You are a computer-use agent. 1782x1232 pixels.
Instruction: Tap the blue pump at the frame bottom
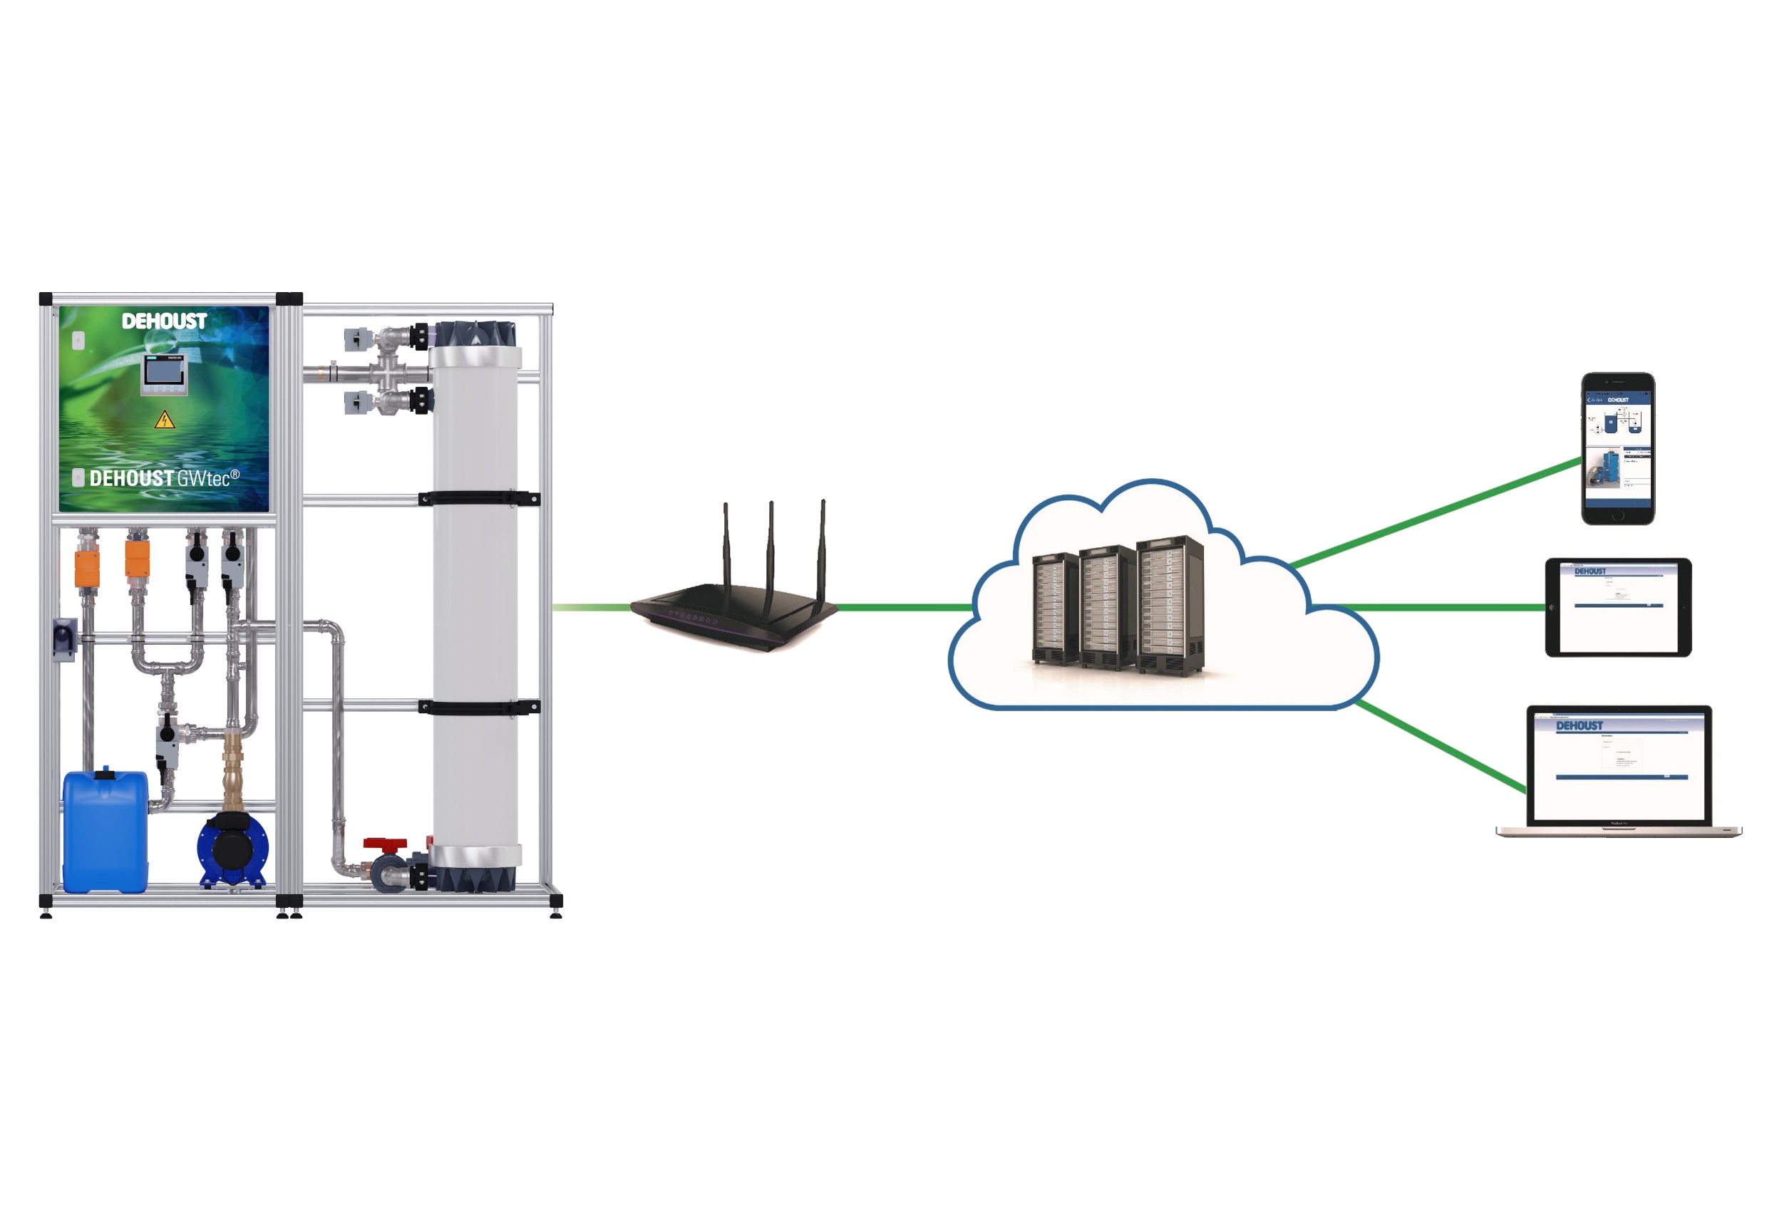tap(232, 850)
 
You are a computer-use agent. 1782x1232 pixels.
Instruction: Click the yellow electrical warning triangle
tap(165, 420)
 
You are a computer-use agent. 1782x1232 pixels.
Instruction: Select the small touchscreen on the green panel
tap(164, 373)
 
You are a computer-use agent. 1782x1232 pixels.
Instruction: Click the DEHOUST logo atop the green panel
tap(164, 321)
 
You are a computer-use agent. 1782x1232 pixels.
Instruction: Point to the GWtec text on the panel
tap(205, 479)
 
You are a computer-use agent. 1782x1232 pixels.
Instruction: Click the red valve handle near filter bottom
tap(384, 844)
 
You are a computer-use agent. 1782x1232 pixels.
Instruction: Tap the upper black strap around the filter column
tap(479, 499)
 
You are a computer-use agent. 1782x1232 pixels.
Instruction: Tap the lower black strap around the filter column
tap(479, 707)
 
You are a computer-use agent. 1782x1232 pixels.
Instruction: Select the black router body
tap(733, 614)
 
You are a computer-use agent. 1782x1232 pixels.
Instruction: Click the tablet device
tap(1618, 608)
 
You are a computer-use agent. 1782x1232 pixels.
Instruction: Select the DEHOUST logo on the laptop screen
tap(1579, 725)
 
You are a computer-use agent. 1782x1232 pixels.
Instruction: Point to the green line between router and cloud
tap(903, 608)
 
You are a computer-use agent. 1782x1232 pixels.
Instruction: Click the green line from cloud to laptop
tap(1440, 747)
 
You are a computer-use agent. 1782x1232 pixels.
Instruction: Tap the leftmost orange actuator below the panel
tap(87, 569)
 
